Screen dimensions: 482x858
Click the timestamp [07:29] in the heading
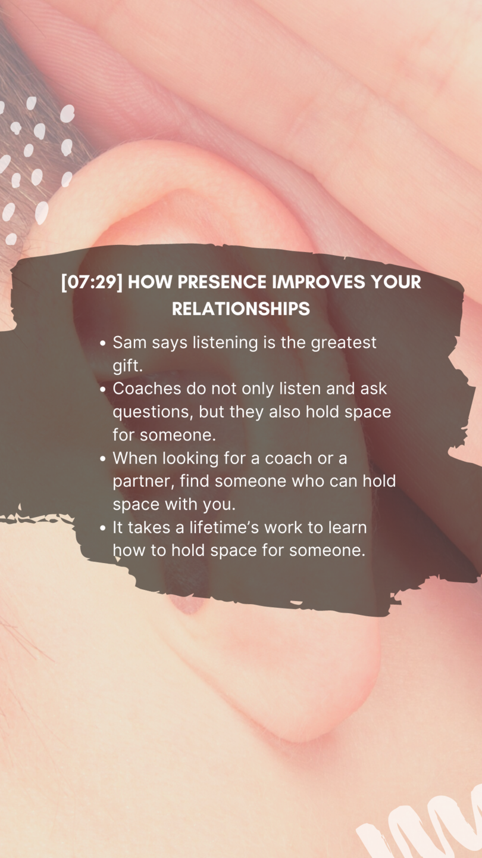point(92,282)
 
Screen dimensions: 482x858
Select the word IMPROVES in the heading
point(318,282)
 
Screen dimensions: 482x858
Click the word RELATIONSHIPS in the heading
point(241,309)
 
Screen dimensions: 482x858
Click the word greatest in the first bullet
point(343,343)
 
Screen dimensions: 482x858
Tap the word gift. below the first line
point(127,366)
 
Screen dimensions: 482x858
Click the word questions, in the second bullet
point(152,412)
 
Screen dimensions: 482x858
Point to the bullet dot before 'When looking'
point(102,459)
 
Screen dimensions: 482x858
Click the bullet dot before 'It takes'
point(102,528)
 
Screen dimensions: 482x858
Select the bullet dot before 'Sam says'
point(102,343)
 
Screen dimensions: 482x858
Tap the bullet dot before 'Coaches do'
point(102,390)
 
